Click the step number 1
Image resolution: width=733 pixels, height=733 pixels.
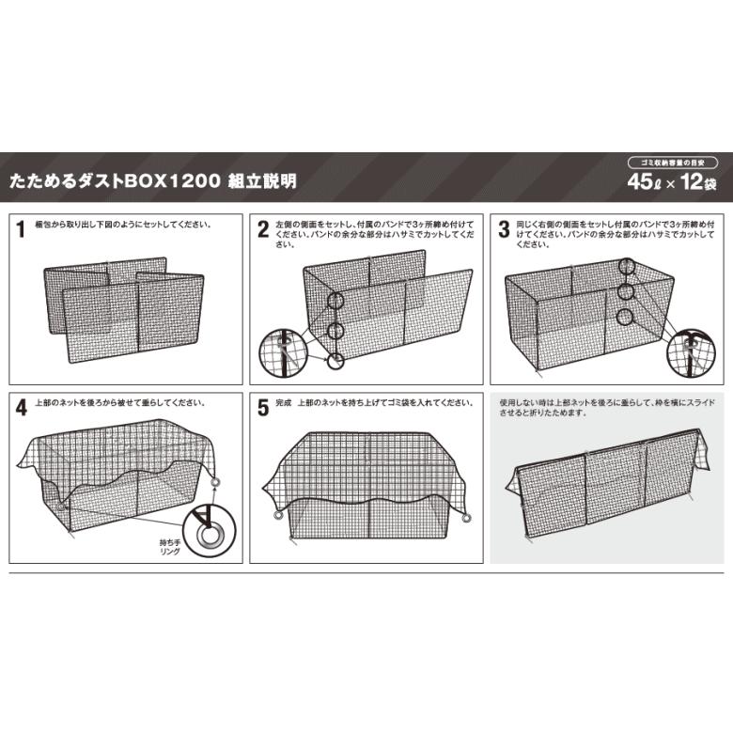point(20,229)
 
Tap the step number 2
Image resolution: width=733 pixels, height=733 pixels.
point(263,229)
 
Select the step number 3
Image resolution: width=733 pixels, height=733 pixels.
point(504,229)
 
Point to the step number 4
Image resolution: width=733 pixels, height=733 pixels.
point(22,408)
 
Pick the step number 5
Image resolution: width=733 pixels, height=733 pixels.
point(263,408)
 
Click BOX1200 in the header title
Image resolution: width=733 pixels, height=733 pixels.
point(172,180)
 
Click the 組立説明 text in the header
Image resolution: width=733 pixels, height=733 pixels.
point(262,180)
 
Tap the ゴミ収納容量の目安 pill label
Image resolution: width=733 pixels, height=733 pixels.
point(673,163)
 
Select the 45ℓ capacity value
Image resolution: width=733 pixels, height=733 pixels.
point(645,182)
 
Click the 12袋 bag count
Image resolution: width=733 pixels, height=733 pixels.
point(698,182)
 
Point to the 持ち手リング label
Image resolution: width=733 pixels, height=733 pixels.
point(170,547)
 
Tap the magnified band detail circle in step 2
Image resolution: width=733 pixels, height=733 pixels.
point(283,352)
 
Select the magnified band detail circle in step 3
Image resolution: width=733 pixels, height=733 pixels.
point(691,352)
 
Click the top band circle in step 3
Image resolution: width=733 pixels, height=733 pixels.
point(626,267)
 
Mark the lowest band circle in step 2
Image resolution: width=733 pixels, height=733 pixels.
point(335,361)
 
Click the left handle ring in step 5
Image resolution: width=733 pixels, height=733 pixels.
point(277,515)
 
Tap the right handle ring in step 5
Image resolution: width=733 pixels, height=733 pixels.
point(466,518)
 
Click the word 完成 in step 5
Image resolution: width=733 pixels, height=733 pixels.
point(283,402)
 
